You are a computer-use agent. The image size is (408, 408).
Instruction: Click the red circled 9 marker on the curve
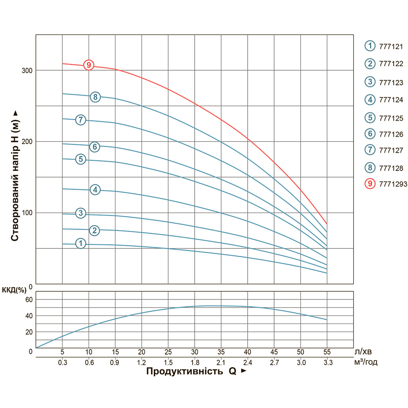pos(89,65)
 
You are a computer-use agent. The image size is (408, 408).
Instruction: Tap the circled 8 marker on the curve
pos(95,97)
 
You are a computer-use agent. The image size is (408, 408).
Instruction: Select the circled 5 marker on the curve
pos(81,159)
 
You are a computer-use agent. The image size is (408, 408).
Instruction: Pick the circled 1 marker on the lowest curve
pos(81,244)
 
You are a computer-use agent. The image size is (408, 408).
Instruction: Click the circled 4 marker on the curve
pos(95,190)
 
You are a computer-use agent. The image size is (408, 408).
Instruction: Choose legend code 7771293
pos(390,184)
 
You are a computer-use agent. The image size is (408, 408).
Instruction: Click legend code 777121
pos(391,46)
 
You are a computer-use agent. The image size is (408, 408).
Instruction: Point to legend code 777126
pos(391,134)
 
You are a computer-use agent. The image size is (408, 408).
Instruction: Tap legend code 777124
pos(391,100)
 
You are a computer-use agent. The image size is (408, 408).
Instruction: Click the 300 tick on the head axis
pos(27,71)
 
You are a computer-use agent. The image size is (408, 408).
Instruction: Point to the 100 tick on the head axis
pos(27,213)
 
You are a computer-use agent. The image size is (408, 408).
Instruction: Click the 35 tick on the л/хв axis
pos(221,352)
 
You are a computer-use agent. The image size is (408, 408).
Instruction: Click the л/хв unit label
pos(363,351)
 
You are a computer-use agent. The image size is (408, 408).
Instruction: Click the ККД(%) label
pos(14,290)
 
